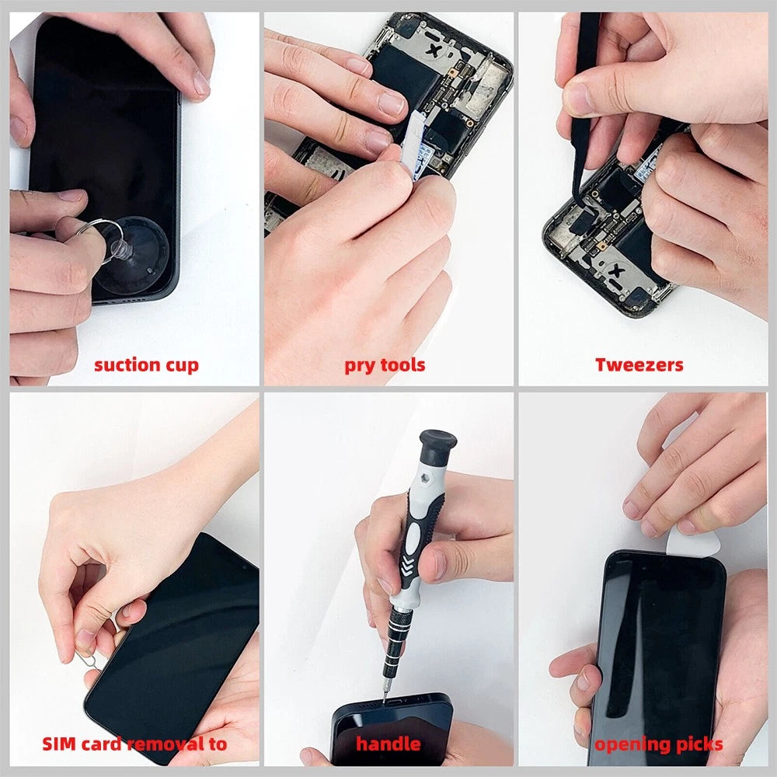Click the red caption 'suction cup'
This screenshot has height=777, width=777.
pyautogui.click(x=146, y=364)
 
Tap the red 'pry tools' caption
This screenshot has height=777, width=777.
pyautogui.click(x=385, y=364)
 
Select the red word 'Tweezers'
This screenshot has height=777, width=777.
pyautogui.click(x=639, y=364)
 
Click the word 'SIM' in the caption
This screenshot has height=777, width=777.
pyautogui.click(x=60, y=744)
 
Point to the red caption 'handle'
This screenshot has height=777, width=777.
pyautogui.click(x=388, y=744)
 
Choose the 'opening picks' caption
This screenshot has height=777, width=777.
pyautogui.click(x=659, y=744)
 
